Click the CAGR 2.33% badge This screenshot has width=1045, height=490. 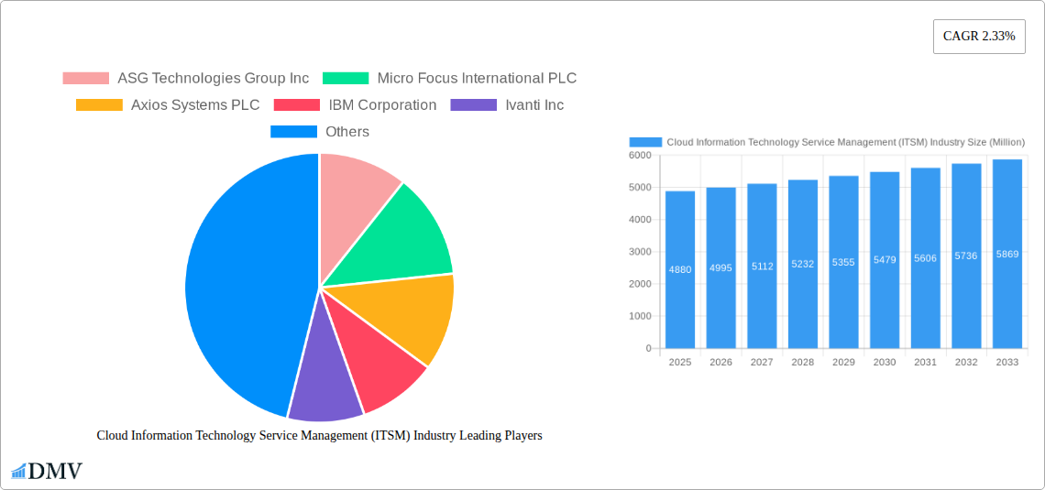click(979, 37)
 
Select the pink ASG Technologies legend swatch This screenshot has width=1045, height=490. click(85, 79)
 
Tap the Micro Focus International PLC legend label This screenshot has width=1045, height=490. click(477, 79)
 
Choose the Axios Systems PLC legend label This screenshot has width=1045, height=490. click(195, 105)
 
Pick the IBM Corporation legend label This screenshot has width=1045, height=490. click(382, 105)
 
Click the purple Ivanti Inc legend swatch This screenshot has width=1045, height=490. click(473, 105)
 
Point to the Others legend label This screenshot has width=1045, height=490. click(347, 132)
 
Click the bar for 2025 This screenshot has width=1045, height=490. click(680, 269)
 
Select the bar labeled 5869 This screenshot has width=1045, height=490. click(1007, 254)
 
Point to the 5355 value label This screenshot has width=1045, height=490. click(843, 262)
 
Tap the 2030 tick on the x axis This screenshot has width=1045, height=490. click(885, 363)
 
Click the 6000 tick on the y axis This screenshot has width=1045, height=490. click(639, 156)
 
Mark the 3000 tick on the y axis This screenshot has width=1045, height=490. click(639, 252)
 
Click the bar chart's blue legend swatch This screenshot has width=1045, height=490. click(645, 142)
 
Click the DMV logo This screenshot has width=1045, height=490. click(46, 471)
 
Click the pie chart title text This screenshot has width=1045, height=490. click(319, 436)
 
